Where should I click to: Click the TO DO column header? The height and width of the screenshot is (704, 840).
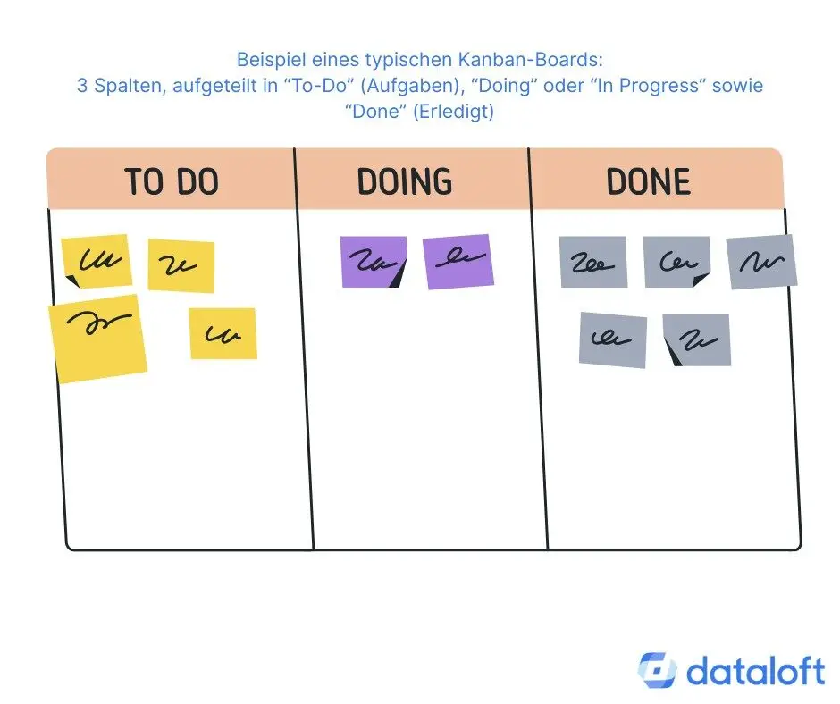tap(172, 181)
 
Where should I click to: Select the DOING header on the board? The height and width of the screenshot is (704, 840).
tap(405, 181)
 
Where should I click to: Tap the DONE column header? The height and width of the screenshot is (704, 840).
tap(649, 181)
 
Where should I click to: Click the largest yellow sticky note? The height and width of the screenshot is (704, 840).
tap(98, 338)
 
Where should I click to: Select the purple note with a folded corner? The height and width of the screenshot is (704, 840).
tap(374, 262)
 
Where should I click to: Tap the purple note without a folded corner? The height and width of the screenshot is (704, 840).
tap(458, 261)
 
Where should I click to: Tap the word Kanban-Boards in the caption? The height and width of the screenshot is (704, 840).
tap(549, 60)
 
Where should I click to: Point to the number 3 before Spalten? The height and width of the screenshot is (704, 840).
tap(81, 86)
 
